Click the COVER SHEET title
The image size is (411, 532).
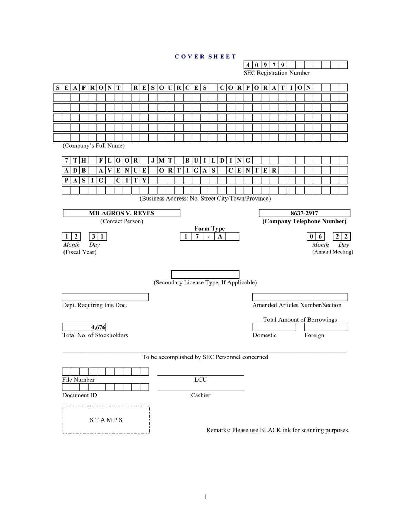click(205, 57)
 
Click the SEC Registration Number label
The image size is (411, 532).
click(277, 73)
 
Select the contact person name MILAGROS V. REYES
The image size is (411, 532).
click(121, 213)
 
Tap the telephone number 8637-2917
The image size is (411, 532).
click(304, 213)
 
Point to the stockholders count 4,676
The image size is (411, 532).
click(98, 327)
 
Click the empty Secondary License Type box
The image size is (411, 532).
click(205, 274)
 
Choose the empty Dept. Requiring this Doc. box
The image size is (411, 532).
click(105, 297)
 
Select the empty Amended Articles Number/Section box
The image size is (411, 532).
click(300, 297)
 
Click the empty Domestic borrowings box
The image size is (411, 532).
click(274, 327)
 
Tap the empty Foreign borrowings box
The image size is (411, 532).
click(326, 327)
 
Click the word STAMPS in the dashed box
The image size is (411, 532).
click(106, 420)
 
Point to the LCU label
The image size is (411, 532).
click(200, 380)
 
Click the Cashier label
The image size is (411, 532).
click(200, 395)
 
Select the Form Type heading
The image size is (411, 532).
click(209, 229)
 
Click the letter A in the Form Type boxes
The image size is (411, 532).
click(220, 237)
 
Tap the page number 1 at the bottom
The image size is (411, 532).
click(205, 497)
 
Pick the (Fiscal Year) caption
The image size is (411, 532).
click(80, 252)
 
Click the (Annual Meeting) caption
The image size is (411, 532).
click(333, 252)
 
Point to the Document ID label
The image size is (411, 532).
click(80, 395)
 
